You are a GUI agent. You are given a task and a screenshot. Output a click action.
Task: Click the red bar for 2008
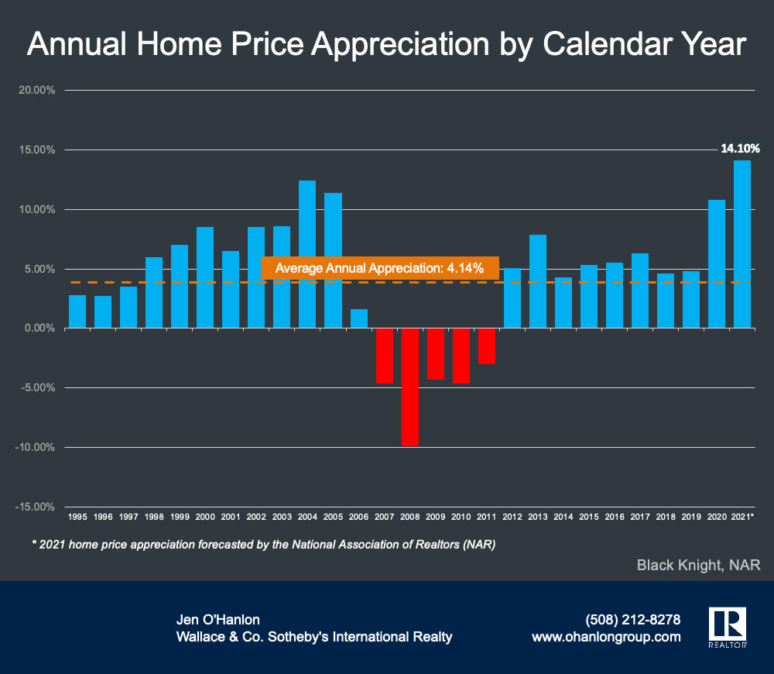click(409, 387)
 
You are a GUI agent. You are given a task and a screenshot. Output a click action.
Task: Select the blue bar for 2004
click(307, 254)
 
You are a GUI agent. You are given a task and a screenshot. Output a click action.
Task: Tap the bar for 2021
click(741, 244)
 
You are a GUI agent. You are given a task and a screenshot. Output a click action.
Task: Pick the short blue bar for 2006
click(358, 318)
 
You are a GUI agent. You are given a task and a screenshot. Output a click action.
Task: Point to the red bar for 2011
click(486, 346)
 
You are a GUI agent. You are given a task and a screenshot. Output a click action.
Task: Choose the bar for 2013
click(537, 281)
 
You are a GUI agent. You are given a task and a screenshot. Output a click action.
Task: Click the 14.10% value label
click(739, 148)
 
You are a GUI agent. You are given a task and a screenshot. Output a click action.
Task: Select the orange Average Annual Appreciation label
click(380, 268)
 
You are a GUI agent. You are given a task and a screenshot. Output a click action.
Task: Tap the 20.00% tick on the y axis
click(36, 90)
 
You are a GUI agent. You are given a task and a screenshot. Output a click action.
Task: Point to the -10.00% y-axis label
click(35, 447)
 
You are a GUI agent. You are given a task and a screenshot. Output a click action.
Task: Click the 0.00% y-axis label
click(38, 328)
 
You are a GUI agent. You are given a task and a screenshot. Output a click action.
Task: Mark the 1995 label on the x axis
click(77, 516)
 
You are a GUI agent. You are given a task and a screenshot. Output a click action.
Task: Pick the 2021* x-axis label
click(742, 516)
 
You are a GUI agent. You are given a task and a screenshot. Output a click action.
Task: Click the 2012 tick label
click(512, 516)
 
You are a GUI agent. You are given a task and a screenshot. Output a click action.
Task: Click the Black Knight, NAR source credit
click(698, 566)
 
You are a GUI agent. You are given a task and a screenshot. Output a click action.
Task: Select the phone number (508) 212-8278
click(633, 620)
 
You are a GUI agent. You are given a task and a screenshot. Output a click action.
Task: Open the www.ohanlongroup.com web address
click(606, 637)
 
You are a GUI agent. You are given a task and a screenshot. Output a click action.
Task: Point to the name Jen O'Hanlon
click(219, 620)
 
